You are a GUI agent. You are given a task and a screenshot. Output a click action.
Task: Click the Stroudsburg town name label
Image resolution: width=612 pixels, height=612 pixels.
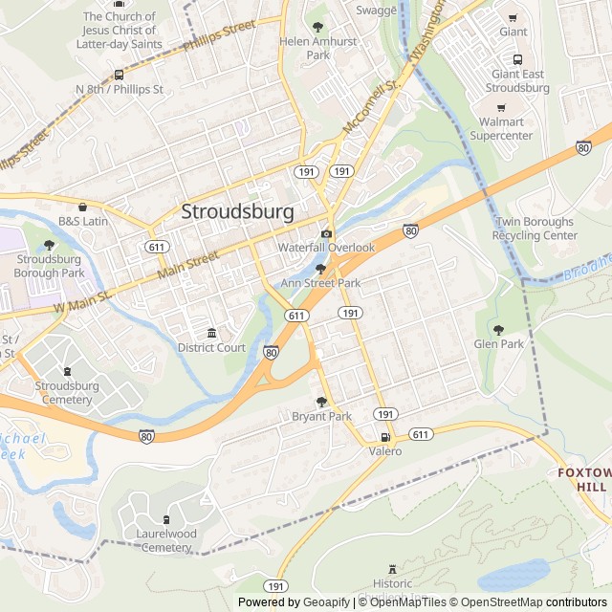pos(237,211)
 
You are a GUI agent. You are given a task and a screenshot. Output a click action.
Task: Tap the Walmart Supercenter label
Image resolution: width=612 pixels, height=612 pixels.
pos(506,129)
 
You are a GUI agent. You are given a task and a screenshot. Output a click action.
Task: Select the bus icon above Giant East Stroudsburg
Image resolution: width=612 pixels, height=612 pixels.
pos(517,59)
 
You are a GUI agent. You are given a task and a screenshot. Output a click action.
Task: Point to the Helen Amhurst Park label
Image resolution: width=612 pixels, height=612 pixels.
pos(317,49)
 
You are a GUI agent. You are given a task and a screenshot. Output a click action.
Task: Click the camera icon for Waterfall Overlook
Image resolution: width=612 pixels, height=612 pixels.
pos(327,234)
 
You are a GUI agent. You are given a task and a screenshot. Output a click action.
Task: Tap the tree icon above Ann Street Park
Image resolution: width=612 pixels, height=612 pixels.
pos(320,270)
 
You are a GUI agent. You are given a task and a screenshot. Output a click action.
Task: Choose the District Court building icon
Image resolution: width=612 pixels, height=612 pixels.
pos(211,333)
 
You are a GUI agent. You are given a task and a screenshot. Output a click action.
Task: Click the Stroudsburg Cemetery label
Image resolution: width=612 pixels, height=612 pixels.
pos(66,392)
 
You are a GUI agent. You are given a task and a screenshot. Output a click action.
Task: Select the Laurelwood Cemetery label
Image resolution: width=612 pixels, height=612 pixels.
pos(159,540)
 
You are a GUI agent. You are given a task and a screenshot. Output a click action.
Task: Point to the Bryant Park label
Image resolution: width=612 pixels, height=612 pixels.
pos(321,416)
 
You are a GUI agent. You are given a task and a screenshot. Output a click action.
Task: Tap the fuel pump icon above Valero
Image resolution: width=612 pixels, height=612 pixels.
pos(385,437)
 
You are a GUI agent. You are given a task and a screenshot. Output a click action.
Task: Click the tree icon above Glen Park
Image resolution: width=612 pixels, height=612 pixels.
pos(498,330)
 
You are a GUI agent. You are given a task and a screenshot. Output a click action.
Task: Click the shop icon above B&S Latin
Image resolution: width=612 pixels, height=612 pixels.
pos(82,207)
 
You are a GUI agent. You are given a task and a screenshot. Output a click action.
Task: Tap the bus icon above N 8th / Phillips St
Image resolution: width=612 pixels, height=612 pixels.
pos(119,75)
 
